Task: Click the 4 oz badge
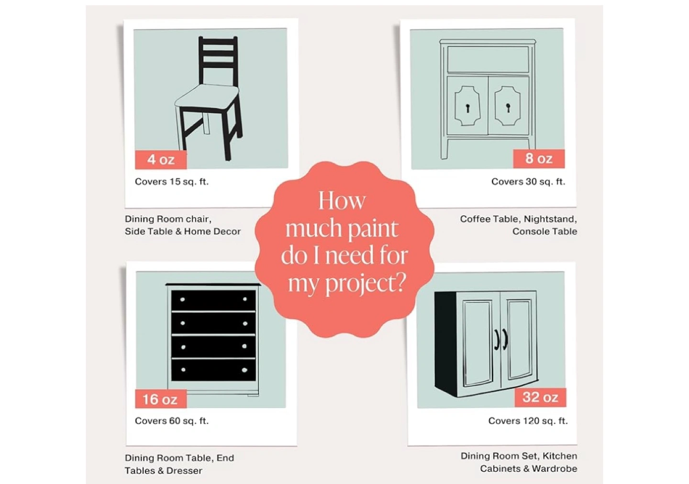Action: (161, 160)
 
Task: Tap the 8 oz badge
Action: (539, 159)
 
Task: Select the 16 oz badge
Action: (161, 399)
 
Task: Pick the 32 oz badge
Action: (541, 397)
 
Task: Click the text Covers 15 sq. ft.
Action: (172, 182)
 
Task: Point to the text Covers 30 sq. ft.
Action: (528, 182)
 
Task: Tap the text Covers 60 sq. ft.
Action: (172, 421)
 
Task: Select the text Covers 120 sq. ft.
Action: (528, 421)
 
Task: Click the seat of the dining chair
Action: (207, 97)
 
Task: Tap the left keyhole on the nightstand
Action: (468, 108)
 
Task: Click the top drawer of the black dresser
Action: (213, 300)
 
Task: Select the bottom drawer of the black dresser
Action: (213, 370)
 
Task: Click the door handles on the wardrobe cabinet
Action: (501, 340)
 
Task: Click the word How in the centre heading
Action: (342, 201)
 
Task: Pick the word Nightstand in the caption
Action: (550, 219)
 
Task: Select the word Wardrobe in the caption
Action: (554, 469)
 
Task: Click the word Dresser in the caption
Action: (184, 471)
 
